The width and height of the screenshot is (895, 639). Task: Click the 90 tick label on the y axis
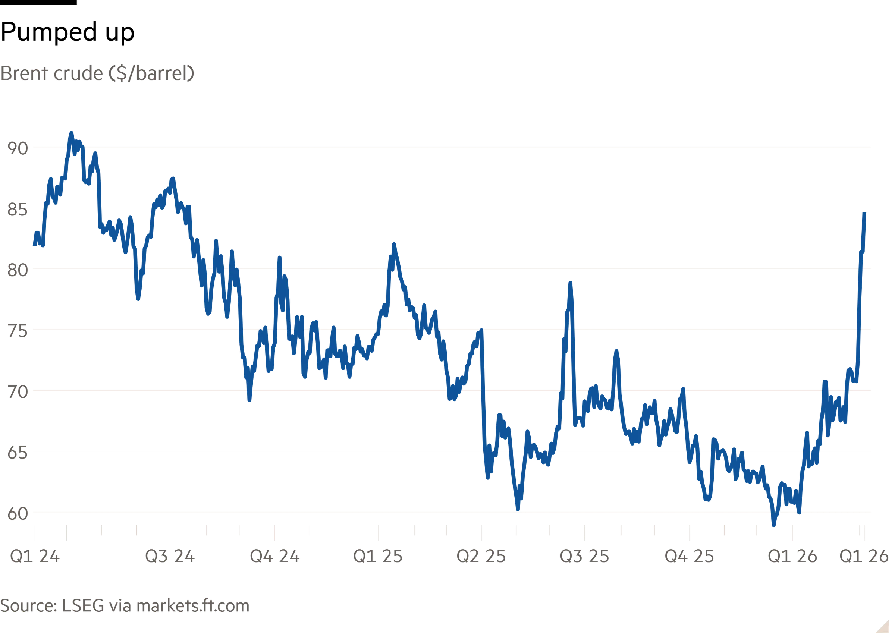point(17,149)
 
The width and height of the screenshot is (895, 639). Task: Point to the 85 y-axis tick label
point(17,210)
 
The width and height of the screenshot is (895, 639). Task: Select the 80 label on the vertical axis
point(17,271)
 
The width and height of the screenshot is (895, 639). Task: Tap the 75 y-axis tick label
point(17,332)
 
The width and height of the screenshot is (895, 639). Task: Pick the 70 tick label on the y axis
point(17,392)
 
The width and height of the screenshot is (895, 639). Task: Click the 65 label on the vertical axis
point(17,453)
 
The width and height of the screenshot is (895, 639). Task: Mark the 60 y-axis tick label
point(17,514)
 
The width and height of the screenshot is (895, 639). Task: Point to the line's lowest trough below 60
point(774,525)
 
